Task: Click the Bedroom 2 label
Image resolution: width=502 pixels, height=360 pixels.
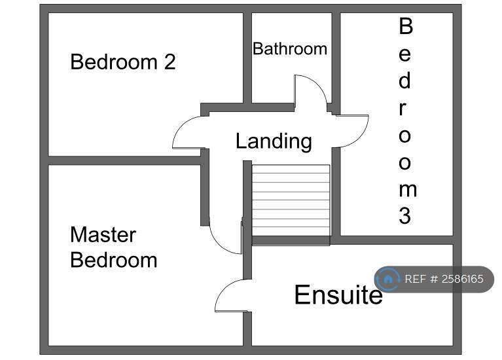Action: click(x=122, y=62)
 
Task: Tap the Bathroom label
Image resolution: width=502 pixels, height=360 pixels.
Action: click(x=290, y=49)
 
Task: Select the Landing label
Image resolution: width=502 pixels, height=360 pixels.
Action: click(x=274, y=141)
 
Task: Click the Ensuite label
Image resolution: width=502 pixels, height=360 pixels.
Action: click(x=338, y=295)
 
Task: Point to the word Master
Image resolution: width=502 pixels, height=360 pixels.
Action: click(x=103, y=234)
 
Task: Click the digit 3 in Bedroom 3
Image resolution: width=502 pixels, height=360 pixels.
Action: click(x=405, y=216)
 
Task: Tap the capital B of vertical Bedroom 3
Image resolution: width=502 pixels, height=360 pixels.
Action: click(x=406, y=27)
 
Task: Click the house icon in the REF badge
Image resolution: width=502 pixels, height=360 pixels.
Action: click(x=388, y=279)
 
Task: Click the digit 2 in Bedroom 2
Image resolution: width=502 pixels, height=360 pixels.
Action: click(x=170, y=62)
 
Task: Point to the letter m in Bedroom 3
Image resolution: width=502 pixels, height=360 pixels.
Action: click(x=406, y=190)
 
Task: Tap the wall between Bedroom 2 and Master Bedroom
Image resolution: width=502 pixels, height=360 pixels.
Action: click(x=124, y=160)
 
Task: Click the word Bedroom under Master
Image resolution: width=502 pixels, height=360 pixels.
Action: click(x=113, y=260)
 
